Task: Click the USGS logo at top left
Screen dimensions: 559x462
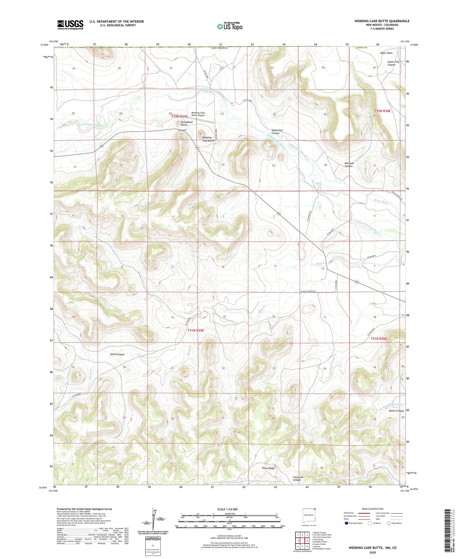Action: (x=70, y=25)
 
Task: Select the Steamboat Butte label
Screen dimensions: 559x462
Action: (x=187, y=123)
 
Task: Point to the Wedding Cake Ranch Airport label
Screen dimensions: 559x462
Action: (x=198, y=114)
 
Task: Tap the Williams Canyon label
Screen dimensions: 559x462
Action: (x=349, y=165)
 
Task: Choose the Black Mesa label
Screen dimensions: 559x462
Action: (x=386, y=53)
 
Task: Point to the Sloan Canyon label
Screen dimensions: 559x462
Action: (x=117, y=354)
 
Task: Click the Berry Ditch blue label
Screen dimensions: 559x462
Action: (x=381, y=201)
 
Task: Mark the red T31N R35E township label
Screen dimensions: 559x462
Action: (x=196, y=330)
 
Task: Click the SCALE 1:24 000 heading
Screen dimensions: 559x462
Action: (x=229, y=509)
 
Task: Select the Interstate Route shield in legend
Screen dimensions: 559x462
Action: (x=346, y=523)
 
